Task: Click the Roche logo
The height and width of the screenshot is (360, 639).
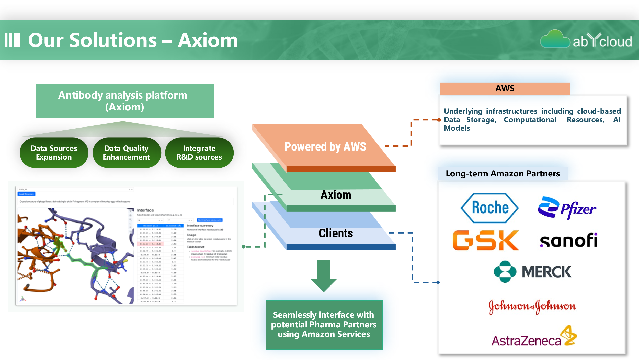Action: (489, 208)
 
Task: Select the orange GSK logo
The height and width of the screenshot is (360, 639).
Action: (486, 240)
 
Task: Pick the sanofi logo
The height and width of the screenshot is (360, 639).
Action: (569, 240)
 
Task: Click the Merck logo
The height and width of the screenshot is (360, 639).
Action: (532, 272)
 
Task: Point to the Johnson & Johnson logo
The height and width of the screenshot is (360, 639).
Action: (532, 306)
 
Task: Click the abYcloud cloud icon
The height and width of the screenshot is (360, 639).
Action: (555, 39)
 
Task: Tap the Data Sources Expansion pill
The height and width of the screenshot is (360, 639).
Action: (54, 153)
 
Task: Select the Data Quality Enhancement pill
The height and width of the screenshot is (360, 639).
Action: (127, 153)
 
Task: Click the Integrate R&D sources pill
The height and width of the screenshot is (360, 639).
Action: (199, 153)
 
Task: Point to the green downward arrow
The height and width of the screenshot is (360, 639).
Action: (324, 276)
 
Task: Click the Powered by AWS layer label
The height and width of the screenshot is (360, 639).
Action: (325, 147)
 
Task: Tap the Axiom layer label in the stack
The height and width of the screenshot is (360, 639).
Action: (336, 195)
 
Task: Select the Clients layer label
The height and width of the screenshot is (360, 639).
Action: (336, 233)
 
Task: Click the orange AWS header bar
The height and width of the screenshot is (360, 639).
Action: (505, 88)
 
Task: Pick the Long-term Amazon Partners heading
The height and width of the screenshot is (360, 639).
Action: (503, 174)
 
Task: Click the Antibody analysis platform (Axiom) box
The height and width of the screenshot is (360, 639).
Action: (125, 101)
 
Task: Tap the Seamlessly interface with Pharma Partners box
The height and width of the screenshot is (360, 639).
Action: (324, 324)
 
